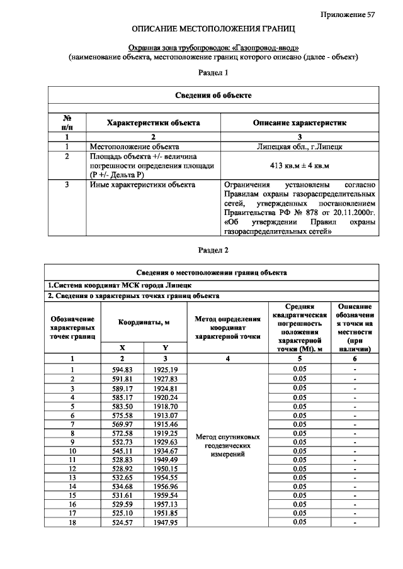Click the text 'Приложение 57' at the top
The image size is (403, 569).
[x=347, y=14]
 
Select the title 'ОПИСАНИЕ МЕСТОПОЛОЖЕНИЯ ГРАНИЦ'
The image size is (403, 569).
[x=213, y=30]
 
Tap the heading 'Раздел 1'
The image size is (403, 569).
[x=213, y=73]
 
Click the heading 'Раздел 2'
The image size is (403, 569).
[x=213, y=250]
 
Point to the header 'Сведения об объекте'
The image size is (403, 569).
[x=213, y=95]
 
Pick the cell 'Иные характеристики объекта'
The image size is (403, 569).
[x=142, y=185]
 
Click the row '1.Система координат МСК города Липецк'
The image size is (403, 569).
[x=110, y=285]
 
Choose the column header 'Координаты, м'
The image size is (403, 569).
[x=145, y=321]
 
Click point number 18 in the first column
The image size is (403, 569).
[x=72, y=522]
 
